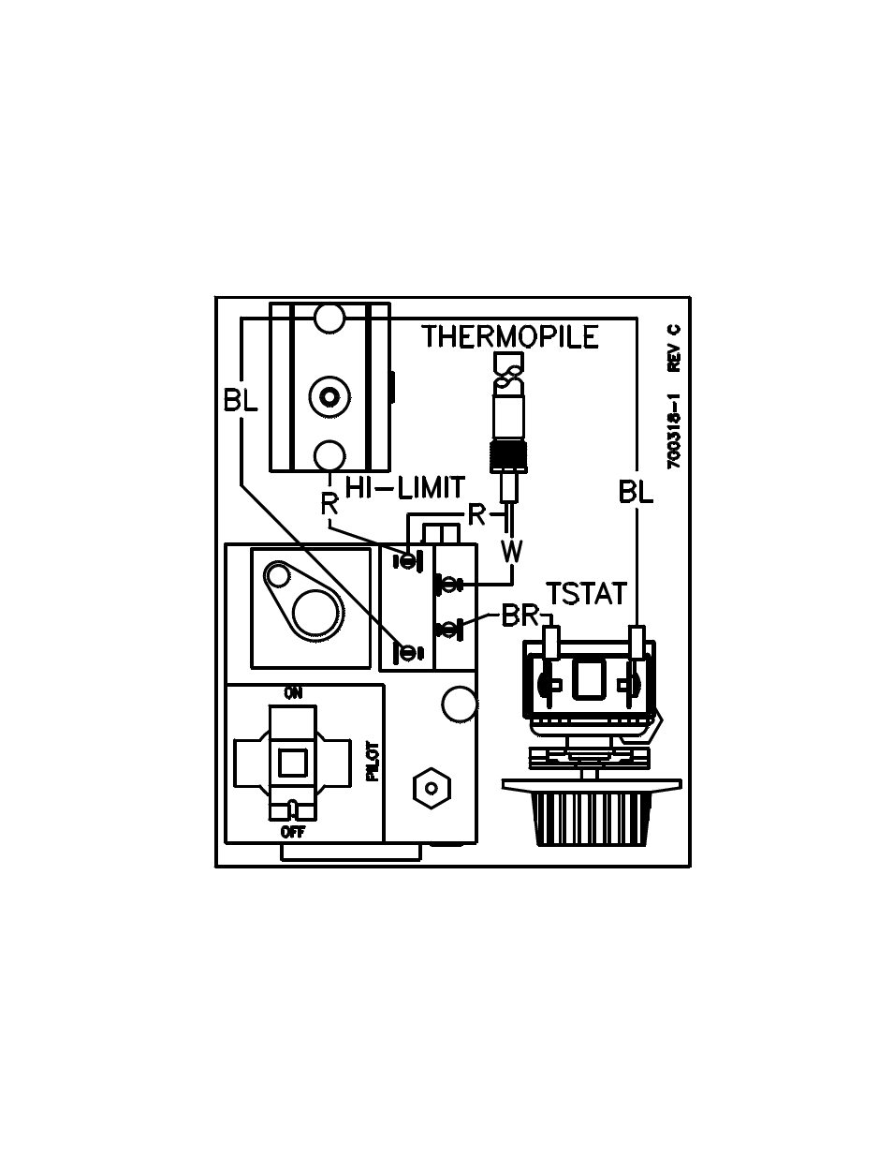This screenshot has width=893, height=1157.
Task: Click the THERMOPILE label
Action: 510,336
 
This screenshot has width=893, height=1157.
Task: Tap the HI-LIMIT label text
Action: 405,487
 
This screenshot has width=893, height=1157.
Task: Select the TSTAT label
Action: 587,594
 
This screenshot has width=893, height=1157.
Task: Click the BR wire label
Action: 520,616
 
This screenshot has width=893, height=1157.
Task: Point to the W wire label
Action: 512,551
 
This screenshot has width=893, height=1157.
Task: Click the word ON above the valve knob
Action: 293,692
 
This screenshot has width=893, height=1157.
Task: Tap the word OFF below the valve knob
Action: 293,832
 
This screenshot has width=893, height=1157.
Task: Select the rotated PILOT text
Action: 373,762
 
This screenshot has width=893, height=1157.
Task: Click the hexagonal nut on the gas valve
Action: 432,788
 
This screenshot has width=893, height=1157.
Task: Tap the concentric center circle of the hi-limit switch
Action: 329,397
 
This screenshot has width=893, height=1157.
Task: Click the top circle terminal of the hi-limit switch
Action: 329,318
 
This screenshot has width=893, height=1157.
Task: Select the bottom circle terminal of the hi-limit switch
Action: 329,456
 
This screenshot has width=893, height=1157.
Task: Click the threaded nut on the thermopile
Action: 509,455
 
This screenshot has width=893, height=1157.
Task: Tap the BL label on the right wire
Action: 636,492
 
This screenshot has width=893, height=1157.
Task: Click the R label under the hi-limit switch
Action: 329,503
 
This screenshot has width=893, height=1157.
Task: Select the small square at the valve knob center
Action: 293,763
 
